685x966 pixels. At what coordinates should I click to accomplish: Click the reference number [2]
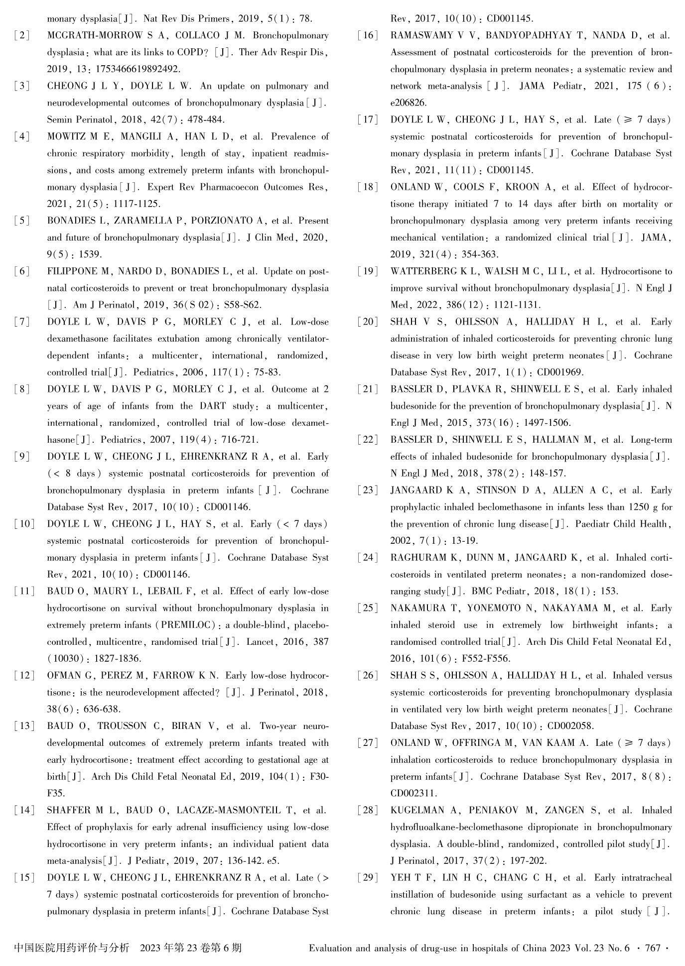(21, 36)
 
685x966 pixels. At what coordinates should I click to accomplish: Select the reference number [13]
(24, 726)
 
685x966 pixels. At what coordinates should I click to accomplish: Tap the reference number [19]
(367, 272)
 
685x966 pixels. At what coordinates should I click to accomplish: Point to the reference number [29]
(367, 878)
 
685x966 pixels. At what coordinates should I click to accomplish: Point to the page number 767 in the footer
(653, 948)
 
